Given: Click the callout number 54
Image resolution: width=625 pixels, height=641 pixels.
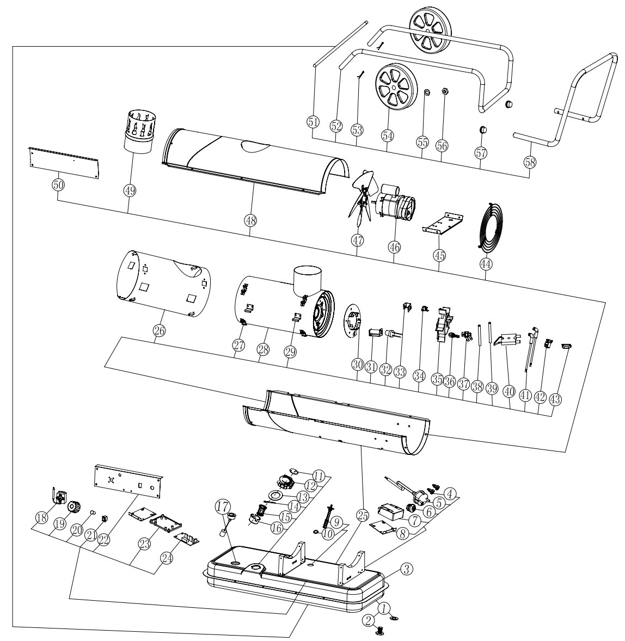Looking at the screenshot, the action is click(387, 135).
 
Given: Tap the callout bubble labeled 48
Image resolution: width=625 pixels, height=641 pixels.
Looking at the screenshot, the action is click(250, 220).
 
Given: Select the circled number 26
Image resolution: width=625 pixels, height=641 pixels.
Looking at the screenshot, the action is click(159, 330).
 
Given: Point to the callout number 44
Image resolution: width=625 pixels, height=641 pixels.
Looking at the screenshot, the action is click(486, 264).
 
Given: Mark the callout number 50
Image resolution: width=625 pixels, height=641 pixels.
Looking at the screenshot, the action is click(58, 185).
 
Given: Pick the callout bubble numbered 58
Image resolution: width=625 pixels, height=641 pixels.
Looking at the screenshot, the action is click(530, 162).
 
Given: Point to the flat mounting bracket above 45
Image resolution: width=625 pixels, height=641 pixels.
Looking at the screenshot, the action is click(443, 223).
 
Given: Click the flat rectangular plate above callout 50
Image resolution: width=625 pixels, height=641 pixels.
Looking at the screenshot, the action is click(64, 162).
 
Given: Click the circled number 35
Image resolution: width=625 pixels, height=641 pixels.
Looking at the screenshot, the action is click(437, 380).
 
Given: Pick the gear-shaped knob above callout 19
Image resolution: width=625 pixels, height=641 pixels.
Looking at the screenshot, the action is click(73, 507).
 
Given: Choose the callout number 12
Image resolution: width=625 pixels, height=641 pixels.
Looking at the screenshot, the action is click(310, 486).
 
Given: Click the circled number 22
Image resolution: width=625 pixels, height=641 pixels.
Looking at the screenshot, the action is click(104, 540).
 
